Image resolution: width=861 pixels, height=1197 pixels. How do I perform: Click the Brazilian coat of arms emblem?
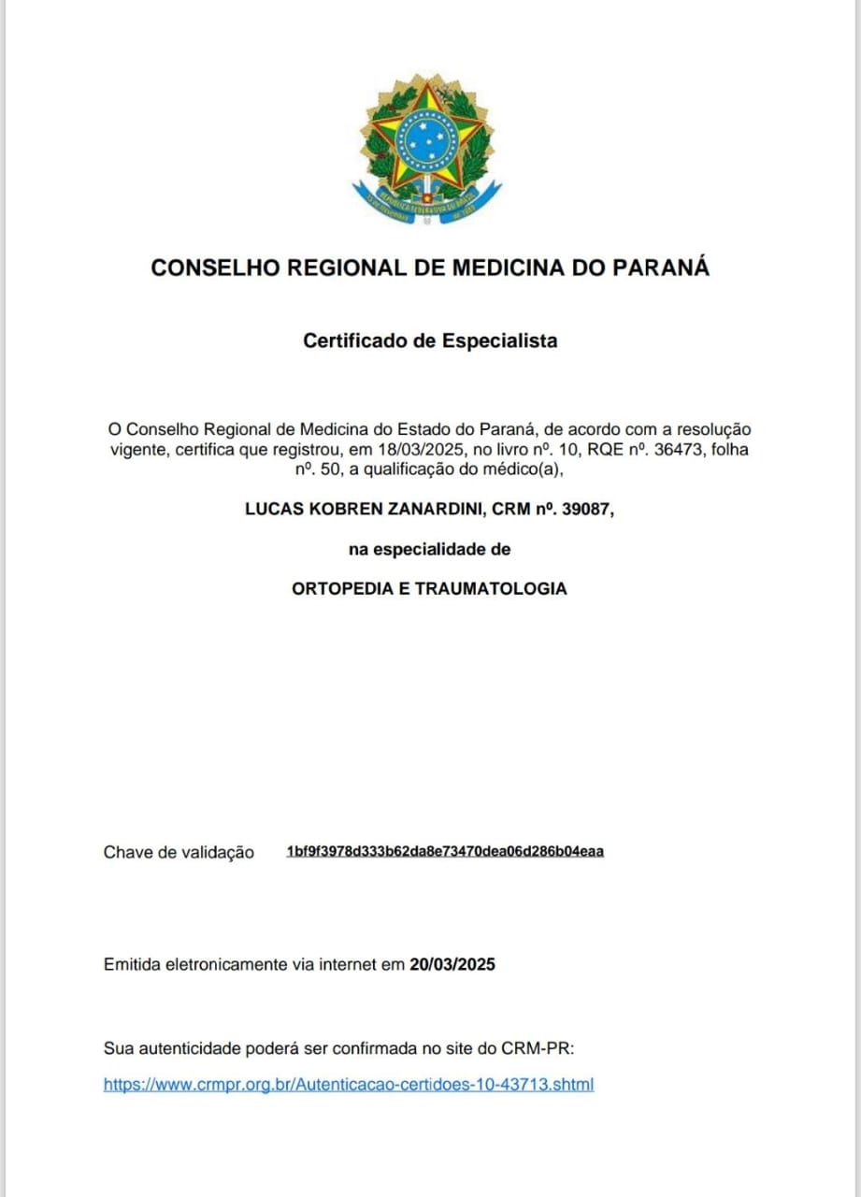click(x=427, y=149)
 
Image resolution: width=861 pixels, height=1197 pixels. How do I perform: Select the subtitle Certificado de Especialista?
click(x=430, y=340)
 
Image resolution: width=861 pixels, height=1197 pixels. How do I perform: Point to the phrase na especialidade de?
click(x=430, y=550)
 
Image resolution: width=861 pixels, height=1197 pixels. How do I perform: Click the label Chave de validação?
click(x=179, y=852)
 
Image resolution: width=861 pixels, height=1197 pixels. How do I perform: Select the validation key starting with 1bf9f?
click(x=445, y=851)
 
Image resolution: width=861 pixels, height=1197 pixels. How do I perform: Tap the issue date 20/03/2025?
click(x=452, y=964)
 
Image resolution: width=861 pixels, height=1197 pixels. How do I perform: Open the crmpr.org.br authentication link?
click(x=349, y=1085)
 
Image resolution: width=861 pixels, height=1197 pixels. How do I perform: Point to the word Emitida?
click(x=132, y=964)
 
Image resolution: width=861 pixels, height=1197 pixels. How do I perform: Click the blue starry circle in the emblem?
click(x=426, y=140)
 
